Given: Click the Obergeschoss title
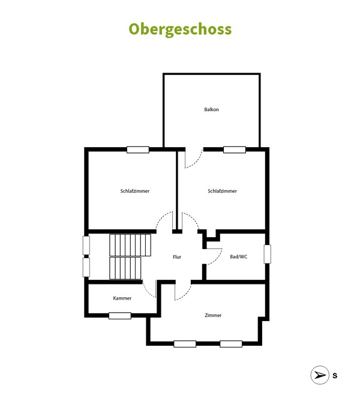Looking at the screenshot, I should click(180, 29).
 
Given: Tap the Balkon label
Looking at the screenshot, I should click(211, 110).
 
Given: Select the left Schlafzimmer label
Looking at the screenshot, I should click(134, 191).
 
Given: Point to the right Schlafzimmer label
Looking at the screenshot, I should click(222, 191).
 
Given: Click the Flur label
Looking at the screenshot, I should click(176, 257).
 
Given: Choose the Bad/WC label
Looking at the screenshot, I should click(238, 257).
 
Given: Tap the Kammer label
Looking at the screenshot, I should click(122, 298).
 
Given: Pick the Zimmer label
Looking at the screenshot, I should click(213, 315).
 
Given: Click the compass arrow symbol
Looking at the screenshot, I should click(319, 376).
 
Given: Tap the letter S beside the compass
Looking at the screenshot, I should click(335, 376).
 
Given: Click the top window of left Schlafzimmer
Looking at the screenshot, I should click(137, 150).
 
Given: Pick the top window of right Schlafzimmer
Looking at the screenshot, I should click(235, 150).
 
